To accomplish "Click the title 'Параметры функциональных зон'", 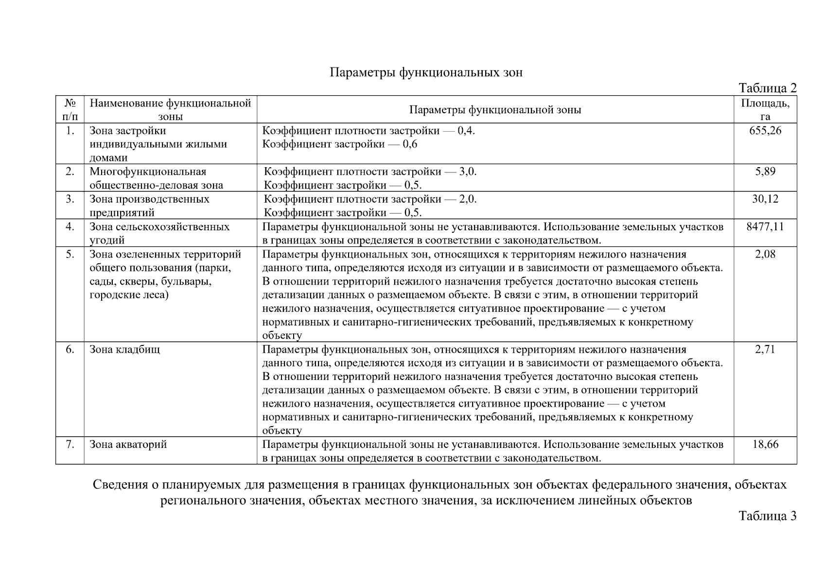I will click(426, 72).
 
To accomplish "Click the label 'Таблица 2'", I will click(767, 88).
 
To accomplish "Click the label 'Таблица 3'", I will click(767, 515).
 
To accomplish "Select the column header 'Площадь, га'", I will click(765, 109).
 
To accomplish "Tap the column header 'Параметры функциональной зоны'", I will click(495, 109).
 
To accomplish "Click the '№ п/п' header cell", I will click(70, 109).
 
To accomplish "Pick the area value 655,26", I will click(765, 130).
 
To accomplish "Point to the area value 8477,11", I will click(765, 226).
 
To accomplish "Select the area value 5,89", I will click(765, 171).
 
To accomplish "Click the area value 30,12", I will click(765, 199).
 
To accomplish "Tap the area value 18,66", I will click(765, 444).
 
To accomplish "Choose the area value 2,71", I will click(765, 349).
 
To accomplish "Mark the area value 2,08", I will click(765, 254).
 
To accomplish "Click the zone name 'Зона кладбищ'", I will click(124, 349).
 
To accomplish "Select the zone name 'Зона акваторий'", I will click(128, 445).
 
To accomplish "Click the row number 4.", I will click(70, 226).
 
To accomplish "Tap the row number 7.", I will click(70, 444).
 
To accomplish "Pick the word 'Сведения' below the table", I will click(117, 484).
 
